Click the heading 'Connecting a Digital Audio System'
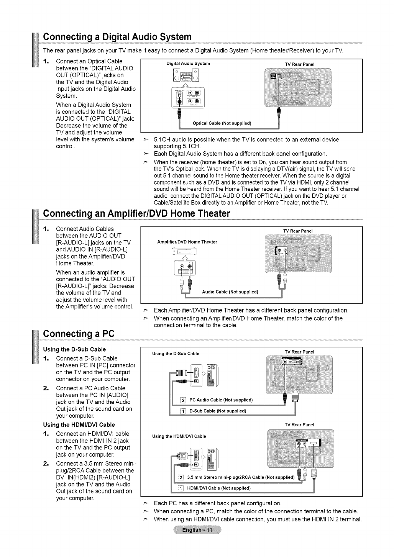(x=117, y=37)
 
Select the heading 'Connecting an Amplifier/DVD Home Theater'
(x=136, y=213)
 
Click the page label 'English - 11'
(x=197, y=530)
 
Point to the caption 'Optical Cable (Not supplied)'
(x=222, y=123)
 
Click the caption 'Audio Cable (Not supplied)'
(x=230, y=292)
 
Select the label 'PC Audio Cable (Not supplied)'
(x=221, y=400)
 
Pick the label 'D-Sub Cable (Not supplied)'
(x=217, y=411)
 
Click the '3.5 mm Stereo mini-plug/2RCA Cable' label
(x=240, y=477)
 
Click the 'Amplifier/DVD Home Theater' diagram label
(x=187, y=242)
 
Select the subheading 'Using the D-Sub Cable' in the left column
(x=74, y=349)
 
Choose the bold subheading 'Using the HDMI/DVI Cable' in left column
(x=79, y=424)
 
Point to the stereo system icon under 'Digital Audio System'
(x=185, y=75)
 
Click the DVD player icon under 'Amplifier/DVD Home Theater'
(x=185, y=251)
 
